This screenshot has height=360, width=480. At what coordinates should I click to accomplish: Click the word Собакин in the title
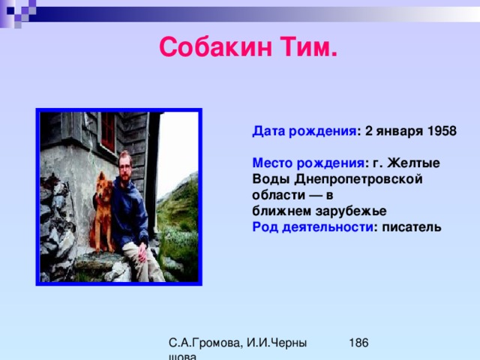(x=215, y=46)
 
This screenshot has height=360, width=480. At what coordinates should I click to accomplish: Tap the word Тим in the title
(x=309, y=46)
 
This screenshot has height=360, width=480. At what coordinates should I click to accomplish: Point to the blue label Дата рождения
(x=304, y=131)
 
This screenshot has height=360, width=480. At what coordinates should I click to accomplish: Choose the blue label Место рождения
(x=308, y=163)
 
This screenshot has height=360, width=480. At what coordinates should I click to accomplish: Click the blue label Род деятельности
(x=313, y=227)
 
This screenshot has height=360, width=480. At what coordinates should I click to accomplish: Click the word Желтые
(x=413, y=163)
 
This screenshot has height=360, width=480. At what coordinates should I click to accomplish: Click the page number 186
(x=358, y=343)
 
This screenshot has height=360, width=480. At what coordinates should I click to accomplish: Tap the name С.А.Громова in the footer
(x=205, y=343)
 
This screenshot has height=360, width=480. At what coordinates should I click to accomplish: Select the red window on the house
(x=108, y=132)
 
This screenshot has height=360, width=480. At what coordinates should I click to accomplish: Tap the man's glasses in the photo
(x=124, y=167)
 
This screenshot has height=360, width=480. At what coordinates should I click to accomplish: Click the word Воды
(x=271, y=179)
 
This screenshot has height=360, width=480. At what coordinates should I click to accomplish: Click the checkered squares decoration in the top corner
(x=18, y=12)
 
